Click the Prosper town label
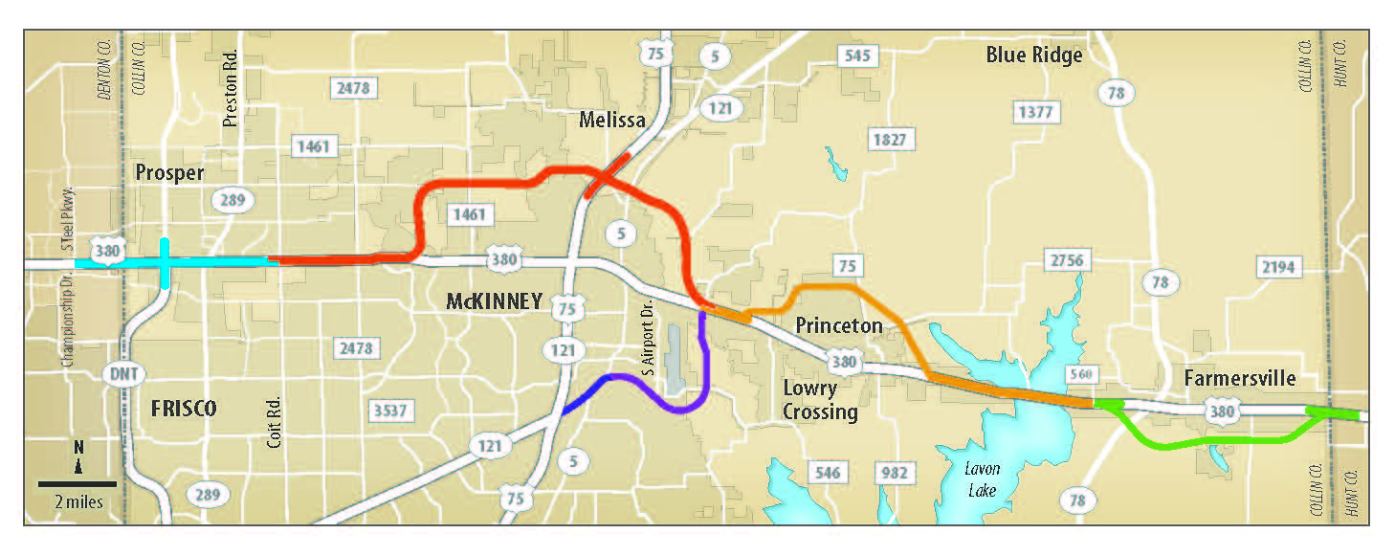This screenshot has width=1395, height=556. coord(169,173)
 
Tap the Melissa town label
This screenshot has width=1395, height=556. coord(613,120)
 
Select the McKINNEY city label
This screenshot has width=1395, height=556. coord(494,301)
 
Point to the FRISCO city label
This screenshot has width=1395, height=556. coord(184,409)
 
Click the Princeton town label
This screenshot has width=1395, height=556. coord(839,325)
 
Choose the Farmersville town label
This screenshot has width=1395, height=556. coord(1239,378)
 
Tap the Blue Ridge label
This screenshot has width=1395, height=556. coord(1034,56)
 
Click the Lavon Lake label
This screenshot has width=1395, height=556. coord(982,478)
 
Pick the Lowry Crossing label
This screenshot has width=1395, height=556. coord(819,400)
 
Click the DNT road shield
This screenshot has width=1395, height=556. coord(118,372)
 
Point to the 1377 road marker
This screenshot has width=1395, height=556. coord(1035,113)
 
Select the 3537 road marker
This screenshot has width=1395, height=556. coord(390,411)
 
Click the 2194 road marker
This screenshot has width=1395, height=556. coord(1278,267)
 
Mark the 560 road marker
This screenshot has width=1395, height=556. coord(1081,373)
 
